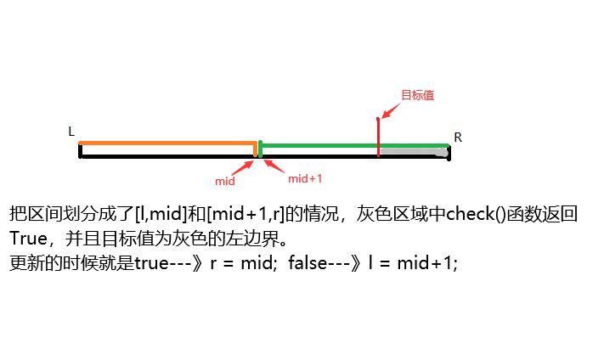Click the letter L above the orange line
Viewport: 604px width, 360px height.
[x=71, y=132]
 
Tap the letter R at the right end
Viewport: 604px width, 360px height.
[x=458, y=138]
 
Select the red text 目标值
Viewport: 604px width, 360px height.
[x=417, y=95]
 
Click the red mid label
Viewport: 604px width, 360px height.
[x=225, y=181]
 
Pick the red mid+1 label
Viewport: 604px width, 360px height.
[x=305, y=178]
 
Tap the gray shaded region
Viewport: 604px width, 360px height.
[x=414, y=152]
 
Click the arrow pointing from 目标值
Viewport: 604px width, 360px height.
[x=390, y=109]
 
